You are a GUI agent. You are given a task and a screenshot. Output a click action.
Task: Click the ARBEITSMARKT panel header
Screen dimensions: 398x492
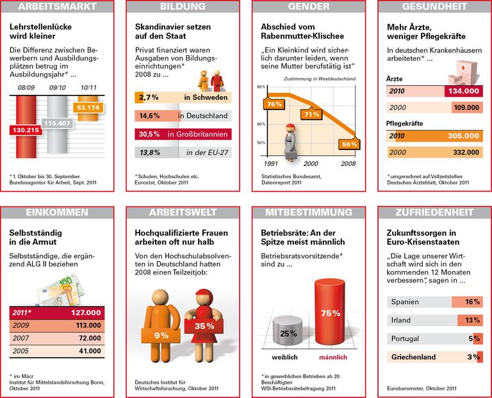58,7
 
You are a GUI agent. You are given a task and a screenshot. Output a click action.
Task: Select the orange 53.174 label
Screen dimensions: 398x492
88,106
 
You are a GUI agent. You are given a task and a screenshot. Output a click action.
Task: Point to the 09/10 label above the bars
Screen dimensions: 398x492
56,87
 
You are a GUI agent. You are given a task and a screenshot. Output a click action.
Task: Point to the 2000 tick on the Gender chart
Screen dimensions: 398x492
310,163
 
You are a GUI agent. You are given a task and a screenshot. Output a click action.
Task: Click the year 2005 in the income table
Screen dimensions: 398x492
20,351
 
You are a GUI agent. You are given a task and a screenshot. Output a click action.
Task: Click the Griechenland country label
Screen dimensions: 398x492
414,357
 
